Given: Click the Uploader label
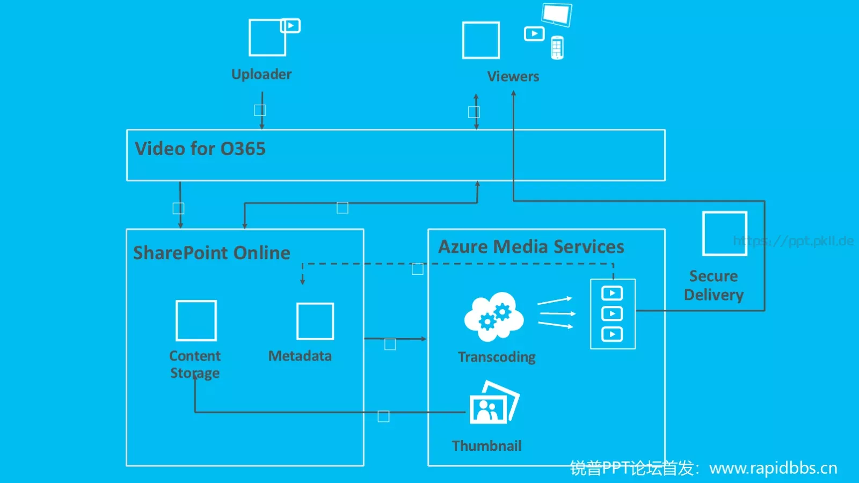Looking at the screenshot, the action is click(x=261, y=75).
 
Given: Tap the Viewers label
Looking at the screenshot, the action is click(x=513, y=76).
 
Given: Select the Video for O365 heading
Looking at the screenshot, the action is click(x=200, y=149).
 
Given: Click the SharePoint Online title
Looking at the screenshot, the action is click(x=212, y=253).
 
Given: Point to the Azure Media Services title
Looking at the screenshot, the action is click(x=531, y=246).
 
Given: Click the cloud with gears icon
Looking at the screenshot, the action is click(x=494, y=317).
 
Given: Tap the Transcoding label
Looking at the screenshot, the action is click(x=497, y=357).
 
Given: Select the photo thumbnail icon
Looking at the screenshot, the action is click(x=494, y=402).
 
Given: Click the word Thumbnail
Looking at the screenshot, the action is click(x=486, y=446).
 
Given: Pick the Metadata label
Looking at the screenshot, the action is click(x=300, y=356).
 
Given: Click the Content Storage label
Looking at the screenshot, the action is click(x=195, y=364).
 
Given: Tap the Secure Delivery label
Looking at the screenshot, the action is click(x=714, y=286).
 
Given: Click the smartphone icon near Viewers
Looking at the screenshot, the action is click(x=557, y=48).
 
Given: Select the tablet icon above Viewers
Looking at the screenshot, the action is click(x=557, y=14).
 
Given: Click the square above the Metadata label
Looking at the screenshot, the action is click(x=315, y=321).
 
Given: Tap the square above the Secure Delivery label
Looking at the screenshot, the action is click(x=725, y=233).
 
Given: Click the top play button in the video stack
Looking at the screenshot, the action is click(x=612, y=293).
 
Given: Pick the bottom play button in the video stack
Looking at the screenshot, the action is click(x=612, y=334).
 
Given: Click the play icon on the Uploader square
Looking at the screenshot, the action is click(x=290, y=26).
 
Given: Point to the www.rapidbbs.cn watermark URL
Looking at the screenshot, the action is click(x=773, y=469).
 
